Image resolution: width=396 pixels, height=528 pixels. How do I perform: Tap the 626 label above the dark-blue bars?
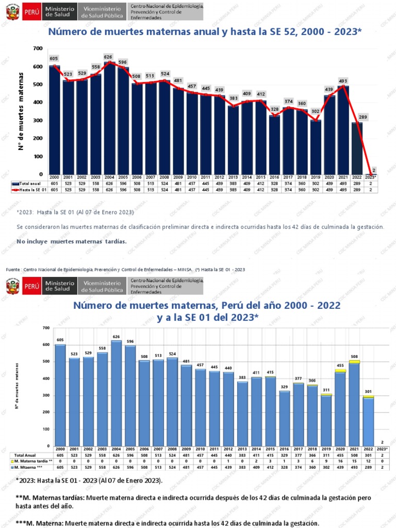[108, 57]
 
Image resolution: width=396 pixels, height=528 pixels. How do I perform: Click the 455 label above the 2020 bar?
[340, 365]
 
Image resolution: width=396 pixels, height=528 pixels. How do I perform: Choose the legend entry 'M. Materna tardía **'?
[31, 460]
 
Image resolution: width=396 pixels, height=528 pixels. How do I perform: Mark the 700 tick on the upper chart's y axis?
[38, 48]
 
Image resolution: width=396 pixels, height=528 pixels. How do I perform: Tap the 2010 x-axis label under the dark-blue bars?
[191, 177]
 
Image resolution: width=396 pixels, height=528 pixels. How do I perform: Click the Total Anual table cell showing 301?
[368, 455]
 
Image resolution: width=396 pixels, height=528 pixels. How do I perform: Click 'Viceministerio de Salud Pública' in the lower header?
[102, 285]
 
